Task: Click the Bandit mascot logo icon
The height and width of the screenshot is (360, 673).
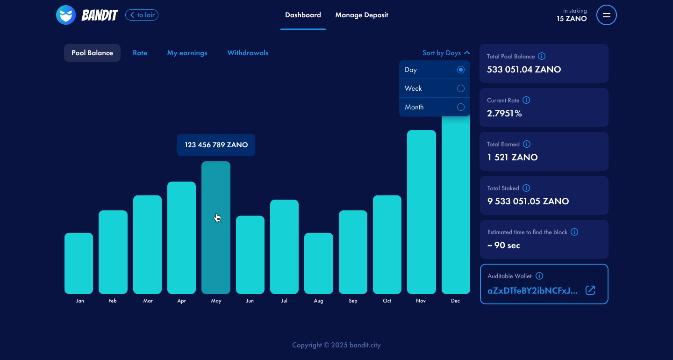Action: click(x=66, y=15)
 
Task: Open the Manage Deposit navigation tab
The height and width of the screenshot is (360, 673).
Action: click(x=361, y=15)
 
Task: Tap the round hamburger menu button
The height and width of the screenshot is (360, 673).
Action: click(x=606, y=15)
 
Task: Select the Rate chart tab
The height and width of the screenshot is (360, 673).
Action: click(x=140, y=53)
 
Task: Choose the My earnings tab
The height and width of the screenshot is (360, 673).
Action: click(x=187, y=53)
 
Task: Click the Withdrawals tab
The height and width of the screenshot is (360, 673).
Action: click(x=248, y=53)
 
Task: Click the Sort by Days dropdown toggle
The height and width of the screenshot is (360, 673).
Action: click(x=446, y=53)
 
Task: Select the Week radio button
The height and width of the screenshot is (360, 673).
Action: click(x=460, y=88)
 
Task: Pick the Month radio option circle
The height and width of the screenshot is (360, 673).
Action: click(x=460, y=107)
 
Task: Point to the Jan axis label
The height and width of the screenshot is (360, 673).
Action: click(x=80, y=301)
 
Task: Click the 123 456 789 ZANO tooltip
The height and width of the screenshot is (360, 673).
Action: click(x=216, y=145)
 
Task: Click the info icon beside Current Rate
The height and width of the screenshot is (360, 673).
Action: click(x=526, y=100)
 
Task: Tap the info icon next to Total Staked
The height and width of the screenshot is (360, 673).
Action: click(x=526, y=188)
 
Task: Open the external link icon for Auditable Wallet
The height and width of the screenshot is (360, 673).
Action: click(x=591, y=290)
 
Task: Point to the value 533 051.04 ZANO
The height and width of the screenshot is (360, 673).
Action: click(x=524, y=70)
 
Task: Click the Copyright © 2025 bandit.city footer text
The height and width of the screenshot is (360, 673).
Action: click(x=336, y=345)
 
